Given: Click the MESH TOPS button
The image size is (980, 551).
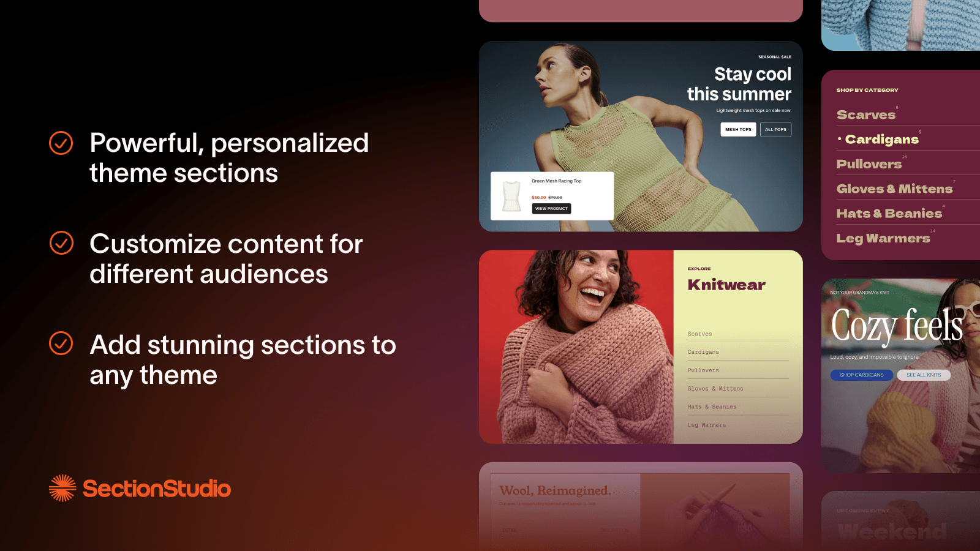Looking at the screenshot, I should [738, 129].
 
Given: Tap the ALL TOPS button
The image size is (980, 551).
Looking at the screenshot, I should [775, 129].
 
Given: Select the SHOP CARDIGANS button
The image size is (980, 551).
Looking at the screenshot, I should [861, 375].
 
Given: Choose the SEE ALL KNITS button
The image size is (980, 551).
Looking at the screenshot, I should [924, 375].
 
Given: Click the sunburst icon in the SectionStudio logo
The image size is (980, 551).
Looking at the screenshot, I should [62, 488].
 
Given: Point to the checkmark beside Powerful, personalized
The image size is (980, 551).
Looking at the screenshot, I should [61, 143].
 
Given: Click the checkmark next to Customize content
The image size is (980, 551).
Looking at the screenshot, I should [61, 243].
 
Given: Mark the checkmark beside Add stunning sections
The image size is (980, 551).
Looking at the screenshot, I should [61, 343].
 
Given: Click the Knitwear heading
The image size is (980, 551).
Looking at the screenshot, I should [726, 285].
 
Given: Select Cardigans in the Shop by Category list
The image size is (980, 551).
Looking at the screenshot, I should [881, 140].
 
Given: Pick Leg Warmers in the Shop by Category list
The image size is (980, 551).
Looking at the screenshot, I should [883, 238].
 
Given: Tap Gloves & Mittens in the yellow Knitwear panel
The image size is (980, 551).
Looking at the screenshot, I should [715, 389].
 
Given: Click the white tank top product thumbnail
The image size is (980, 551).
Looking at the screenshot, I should [511, 196].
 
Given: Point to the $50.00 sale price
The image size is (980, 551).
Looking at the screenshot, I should [538, 198].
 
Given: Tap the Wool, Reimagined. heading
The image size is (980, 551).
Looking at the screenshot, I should [555, 490].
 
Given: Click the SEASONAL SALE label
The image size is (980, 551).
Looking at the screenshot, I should [774, 57].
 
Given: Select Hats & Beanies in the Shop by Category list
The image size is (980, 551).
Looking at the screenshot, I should [889, 214].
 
